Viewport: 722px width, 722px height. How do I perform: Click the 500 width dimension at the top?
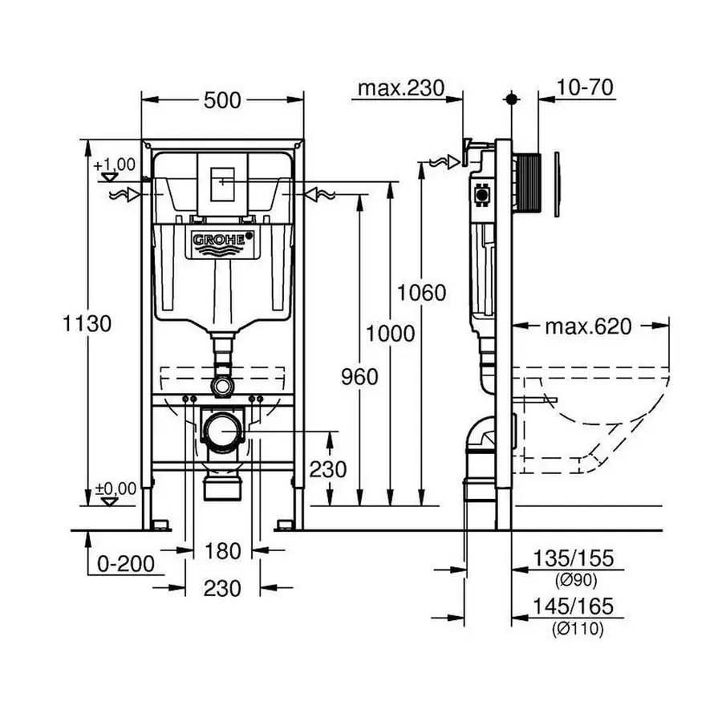[x=222, y=100]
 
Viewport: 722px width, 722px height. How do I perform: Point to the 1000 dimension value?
[x=390, y=333]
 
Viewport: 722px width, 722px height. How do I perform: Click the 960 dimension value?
[x=359, y=377]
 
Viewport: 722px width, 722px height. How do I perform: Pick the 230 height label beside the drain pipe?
[x=329, y=468]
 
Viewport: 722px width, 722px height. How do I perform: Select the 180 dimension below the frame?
[x=222, y=551]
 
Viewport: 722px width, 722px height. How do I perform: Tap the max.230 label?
[x=400, y=87]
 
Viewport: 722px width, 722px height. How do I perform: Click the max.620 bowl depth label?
[x=588, y=326]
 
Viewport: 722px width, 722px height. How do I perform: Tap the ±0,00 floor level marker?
[x=114, y=488]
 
